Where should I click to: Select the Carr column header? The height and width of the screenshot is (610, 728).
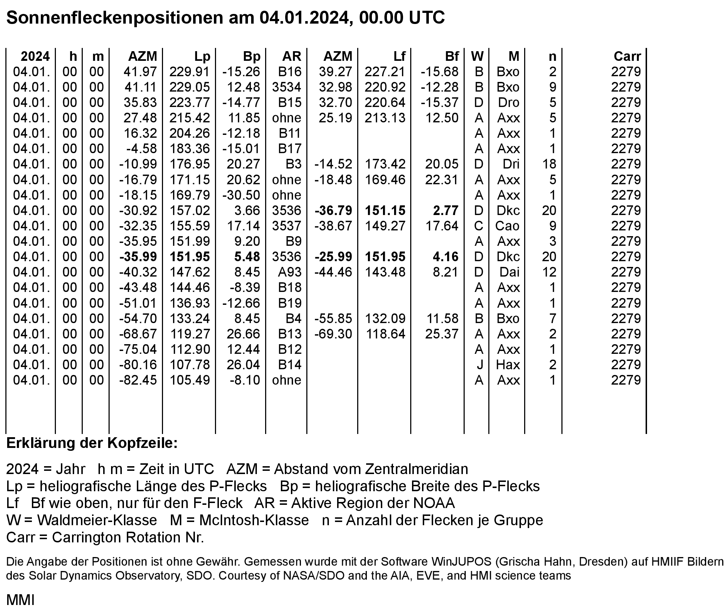pyautogui.click(x=627, y=57)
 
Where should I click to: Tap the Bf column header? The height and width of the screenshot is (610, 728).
pyautogui.click(x=451, y=57)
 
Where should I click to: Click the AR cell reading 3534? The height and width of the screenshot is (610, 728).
pyautogui.click(x=286, y=87)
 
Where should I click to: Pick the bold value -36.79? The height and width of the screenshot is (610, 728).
pyautogui.click(x=333, y=211)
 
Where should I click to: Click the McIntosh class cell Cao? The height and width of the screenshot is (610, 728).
pyautogui.click(x=507, y=226)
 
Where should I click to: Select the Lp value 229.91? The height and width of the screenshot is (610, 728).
pyautogui.click(x=189, y=72)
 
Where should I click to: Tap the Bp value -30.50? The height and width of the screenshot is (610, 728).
pyautogui.click(x=241, y=195)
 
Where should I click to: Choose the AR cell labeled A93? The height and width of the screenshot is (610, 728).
pyautogui.click(x=289, y=272)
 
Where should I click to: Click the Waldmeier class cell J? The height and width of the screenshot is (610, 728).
pyautogui.click(x=480, y=365)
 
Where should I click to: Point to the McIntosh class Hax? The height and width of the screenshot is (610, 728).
pyautogui.click(x=508, y=365)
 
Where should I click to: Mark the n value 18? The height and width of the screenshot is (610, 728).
pyautogui.click(x=549, y=164)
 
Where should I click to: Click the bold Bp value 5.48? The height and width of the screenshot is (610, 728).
pyautogui.click(x=247, y=257)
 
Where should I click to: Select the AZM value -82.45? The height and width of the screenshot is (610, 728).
pyautogui.click(x=138, y=380)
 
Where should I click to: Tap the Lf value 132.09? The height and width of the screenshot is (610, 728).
pyautogui.click(x=385, y=319)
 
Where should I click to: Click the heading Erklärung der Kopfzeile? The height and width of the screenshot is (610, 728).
pyautogui.click(x=92, y=444)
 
